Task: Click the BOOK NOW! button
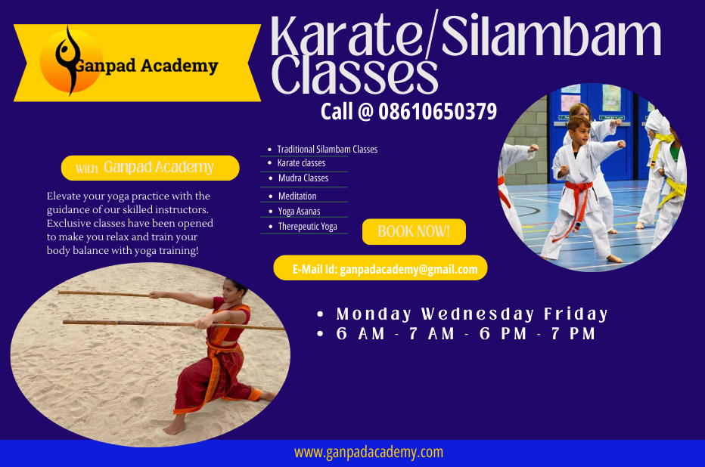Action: pos(414,232)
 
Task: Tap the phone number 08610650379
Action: pos(437,112)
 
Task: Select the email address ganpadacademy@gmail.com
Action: pos(408,270)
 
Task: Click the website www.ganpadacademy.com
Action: pos(368,452)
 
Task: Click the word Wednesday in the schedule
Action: pos(477,314)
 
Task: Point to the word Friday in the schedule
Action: pos(576,314)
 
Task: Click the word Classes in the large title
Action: pos(354,75)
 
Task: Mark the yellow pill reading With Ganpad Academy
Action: pos(151,168)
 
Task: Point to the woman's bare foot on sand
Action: pos(174,428)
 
